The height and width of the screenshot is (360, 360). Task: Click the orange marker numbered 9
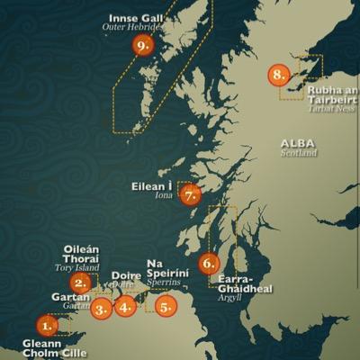(142, 44)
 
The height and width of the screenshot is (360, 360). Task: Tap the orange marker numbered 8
(279, 75)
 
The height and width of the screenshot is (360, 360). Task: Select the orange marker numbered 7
(190, 194)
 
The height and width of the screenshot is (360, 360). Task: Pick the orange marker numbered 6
(209, 264)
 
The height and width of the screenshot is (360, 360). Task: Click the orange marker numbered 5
(166, 306)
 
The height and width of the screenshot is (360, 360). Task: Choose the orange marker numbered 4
(126, 306)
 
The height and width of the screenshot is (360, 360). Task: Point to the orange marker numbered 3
(101, 309)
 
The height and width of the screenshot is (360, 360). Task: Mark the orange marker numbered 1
(47, 325)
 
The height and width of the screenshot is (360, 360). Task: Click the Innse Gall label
(136, 17)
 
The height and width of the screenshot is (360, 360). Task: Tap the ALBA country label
(298, 143)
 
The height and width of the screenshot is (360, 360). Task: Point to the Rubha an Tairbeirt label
(332, 94)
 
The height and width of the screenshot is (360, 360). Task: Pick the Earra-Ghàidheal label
(245, 283)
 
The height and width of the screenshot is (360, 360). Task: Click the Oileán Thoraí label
(81, 254)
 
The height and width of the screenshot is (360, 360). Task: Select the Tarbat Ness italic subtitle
(333, 110)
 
